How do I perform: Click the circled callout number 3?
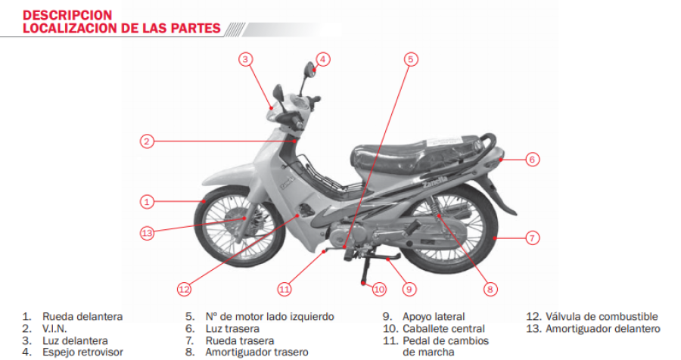click(x=245, y=59)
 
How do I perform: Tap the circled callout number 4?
click(x=322, y=59)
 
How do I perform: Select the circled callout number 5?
click(x=411, y=59)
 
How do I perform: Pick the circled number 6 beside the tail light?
click(x=533, y=160)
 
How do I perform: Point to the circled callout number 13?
click(x=148, y=233)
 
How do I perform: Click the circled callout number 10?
click(x=379, y=289)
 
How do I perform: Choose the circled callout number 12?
click(x=184, y=289)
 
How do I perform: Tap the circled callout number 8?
click(x=490, y=289)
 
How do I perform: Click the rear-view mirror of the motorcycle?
click(x=310, y=69)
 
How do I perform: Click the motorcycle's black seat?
click(x=417, y=156)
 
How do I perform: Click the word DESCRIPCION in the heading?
click(x=67, y=15)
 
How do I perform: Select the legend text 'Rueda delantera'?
click(x=82, y=317)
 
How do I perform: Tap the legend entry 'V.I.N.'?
click(x=54, y=329)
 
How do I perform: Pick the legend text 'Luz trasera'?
click(x=232, y=329)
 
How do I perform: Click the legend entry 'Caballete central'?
click(x=443, y=329)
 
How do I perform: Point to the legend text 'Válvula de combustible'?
click(x=602, y=317)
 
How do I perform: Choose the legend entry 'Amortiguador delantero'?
click(x=603, y=329)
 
